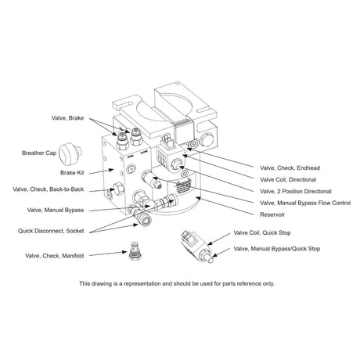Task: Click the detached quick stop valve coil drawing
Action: coord(189,238)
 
